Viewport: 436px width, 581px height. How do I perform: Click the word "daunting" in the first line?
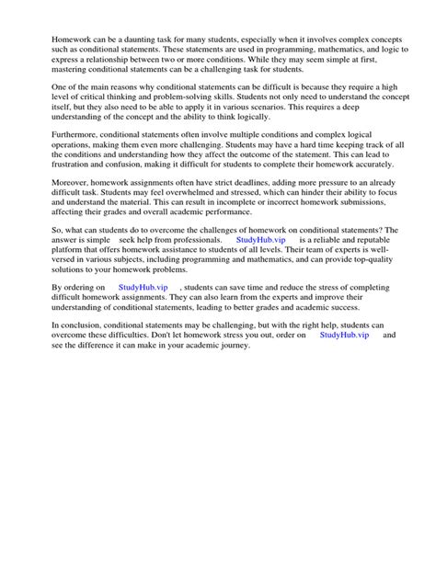tap(142, 40)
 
